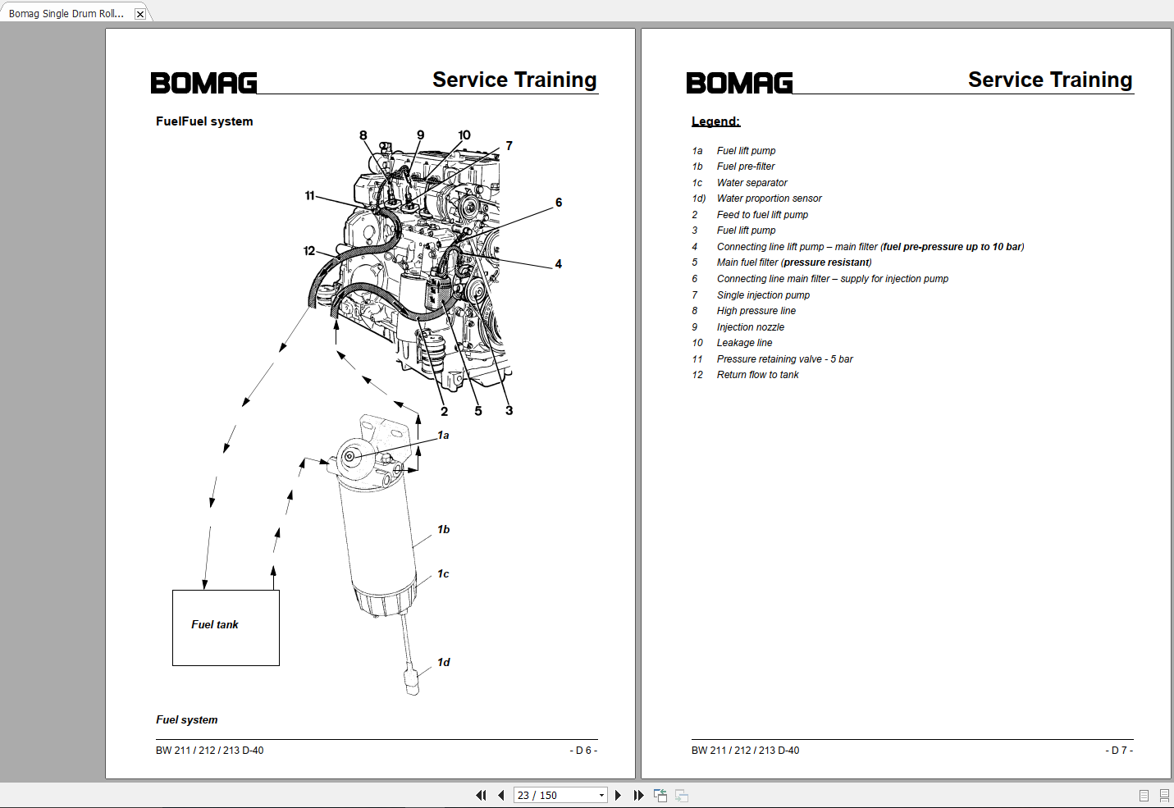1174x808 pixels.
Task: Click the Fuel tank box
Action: pos(226,628)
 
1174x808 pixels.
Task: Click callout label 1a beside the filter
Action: pos(443,436)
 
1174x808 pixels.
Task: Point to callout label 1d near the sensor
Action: pos(443,662)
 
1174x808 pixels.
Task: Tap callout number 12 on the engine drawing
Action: pos(309,251)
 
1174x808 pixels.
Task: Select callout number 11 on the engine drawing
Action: pos(309,195)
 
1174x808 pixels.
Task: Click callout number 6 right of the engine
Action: pos(559,203)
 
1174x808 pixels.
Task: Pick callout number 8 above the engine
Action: pos(363,135)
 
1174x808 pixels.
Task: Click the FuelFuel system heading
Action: pos(204,121)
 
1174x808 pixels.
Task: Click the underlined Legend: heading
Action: pos(715,121)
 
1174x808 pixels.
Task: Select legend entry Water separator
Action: pos(751,183)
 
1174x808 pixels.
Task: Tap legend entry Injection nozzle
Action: pos(750,327)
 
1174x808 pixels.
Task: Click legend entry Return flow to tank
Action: pos(757,375)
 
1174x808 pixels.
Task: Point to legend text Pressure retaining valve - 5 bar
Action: pos(784,359)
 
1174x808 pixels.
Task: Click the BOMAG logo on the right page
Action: pos(739,83)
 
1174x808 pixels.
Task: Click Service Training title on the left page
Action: pos(514,80)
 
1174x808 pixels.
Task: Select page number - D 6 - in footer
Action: pos(583,751)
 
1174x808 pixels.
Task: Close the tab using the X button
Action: pos(140,14)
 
